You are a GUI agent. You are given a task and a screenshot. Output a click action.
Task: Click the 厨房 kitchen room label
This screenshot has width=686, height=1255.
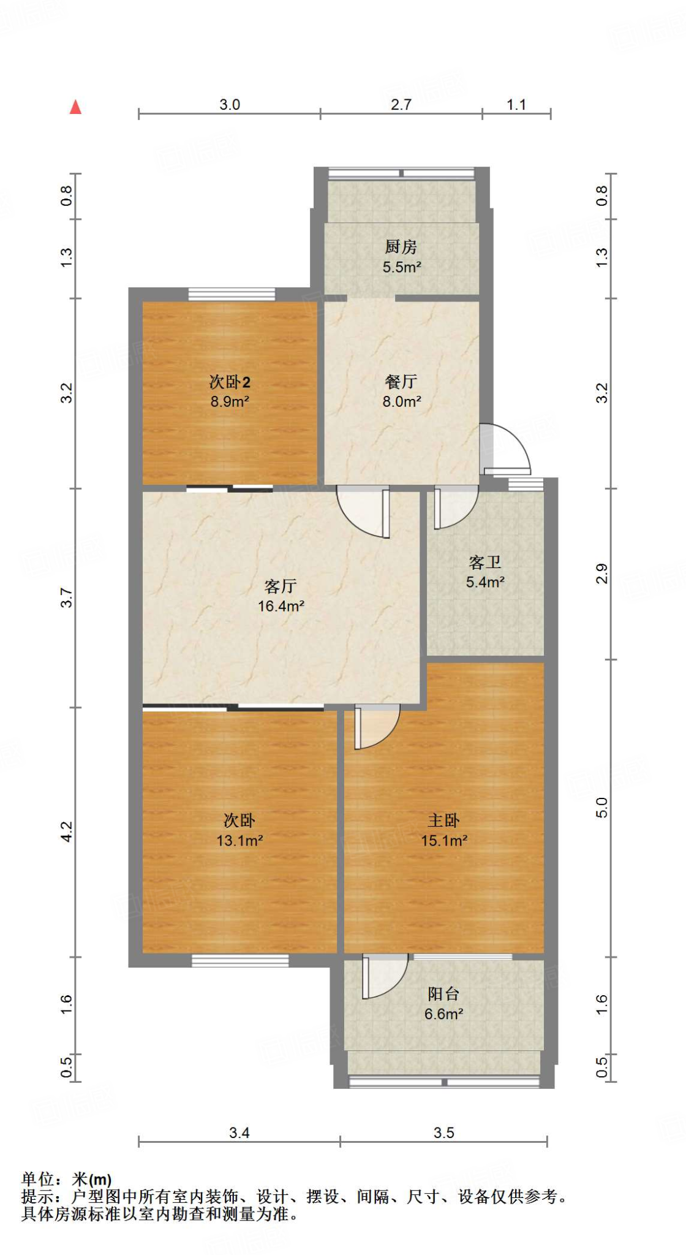click(401, 247)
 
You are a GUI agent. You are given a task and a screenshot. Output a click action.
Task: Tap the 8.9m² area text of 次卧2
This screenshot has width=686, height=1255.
click(230, 402)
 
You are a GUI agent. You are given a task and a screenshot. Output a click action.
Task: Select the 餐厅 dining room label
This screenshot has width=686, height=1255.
click(401, 382)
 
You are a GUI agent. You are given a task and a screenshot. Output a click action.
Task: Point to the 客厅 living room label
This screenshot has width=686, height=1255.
click(281, 586)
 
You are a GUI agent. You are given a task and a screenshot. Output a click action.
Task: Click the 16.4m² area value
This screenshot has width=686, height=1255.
click(281, 606)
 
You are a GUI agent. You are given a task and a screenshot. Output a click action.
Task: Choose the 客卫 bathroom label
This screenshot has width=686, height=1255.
click(484, 562)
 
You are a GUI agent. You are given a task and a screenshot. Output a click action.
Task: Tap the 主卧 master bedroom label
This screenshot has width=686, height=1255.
click(443, 821)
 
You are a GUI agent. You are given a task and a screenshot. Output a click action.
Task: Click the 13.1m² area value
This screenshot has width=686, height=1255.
click(239, 840)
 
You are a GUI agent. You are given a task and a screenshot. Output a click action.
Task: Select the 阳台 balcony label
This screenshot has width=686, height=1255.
click(443, 994)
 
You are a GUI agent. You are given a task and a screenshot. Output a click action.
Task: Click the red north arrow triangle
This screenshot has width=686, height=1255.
click(76, 107)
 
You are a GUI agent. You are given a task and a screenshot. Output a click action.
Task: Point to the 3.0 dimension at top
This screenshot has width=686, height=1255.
click(230, 105)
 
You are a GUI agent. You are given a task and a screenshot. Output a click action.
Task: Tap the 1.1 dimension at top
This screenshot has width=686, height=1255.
click(516, 105)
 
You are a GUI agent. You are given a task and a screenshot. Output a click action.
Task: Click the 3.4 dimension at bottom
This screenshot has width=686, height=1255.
click(239, 1133)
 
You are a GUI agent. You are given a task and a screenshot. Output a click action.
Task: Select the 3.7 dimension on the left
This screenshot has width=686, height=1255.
click(67, 597)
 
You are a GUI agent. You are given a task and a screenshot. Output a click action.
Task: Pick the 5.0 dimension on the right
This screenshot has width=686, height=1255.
click(602, 807)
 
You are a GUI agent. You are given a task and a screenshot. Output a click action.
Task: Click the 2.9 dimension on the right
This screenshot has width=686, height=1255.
click(602, 574)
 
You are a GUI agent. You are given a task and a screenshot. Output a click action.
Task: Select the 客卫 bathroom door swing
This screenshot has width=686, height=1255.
click(455, 507)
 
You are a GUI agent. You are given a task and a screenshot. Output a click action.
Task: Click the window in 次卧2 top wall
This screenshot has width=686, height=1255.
click(231, 295)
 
